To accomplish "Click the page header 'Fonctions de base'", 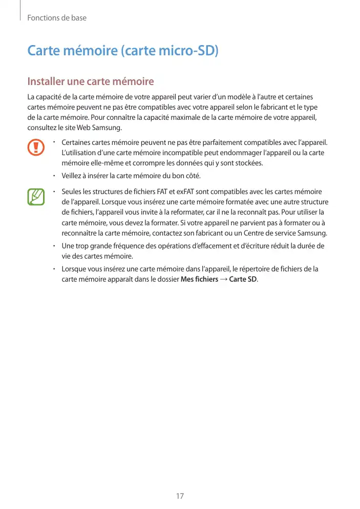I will tap(57, 18).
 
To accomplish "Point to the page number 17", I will tap(180, 496).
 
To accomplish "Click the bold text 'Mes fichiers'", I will tap(200, 279).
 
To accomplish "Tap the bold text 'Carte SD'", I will tap(243, 279).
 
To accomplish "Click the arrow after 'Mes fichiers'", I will tap(223, 279).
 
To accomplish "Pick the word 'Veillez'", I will tap(72, 176).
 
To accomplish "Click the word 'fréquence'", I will tap(122, 246).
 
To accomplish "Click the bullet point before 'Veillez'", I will tap(54, 176).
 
